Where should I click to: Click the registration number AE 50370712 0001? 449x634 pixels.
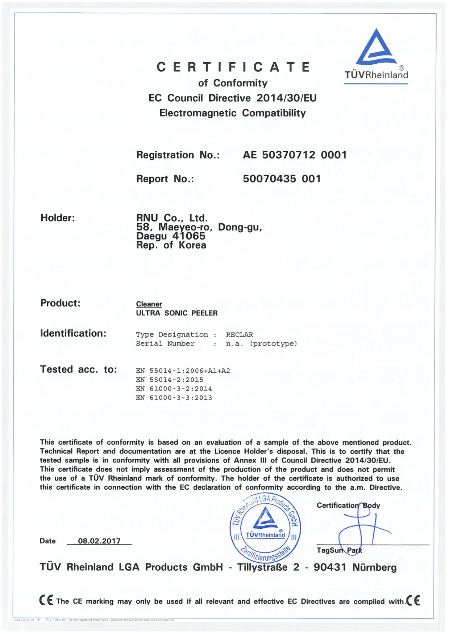tap(295, 155)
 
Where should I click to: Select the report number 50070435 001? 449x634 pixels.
tap(282, 179)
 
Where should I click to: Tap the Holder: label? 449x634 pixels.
tap(58, 218)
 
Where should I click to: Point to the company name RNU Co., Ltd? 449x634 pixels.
tap(172, 218)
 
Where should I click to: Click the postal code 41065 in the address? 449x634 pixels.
tap(189, 236)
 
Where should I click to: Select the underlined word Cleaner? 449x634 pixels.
tap(149, 304)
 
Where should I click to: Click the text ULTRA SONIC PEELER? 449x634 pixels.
tap(177, 313)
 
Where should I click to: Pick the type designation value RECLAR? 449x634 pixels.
tap(239, 335)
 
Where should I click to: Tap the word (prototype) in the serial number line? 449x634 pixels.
tap(273, 344)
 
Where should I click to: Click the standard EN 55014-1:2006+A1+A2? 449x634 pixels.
tap(183, 371)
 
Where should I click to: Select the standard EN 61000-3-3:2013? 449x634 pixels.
tap(174, 398)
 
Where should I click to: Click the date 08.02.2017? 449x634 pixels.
tap(99, 541)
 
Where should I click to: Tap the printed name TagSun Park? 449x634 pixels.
tap(339, 550)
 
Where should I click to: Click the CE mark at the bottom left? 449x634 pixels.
tap(46, 600)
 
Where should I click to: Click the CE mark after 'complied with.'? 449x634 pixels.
tap(413, 600)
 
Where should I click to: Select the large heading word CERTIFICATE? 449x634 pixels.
tap(234, 67)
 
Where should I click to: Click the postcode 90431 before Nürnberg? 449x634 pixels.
tap(330, 567)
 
